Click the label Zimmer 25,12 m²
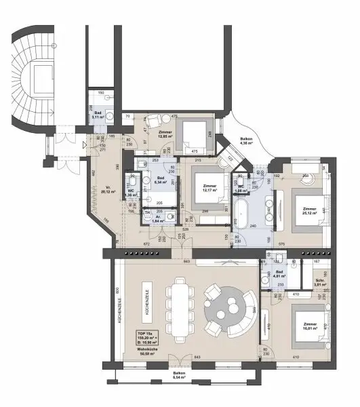coord(311,211)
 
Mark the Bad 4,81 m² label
coord(279,274)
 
